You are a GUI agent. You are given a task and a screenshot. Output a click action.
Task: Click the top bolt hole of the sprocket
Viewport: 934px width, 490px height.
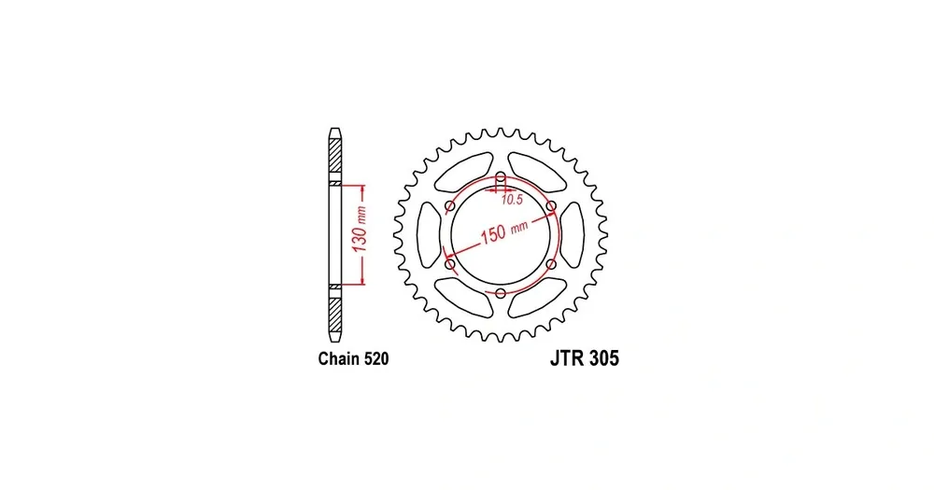pos(501,176)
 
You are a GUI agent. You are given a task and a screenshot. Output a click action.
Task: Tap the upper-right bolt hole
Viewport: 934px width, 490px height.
pos(551,206)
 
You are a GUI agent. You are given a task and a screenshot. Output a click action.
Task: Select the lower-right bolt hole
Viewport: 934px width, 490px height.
pos(551,264)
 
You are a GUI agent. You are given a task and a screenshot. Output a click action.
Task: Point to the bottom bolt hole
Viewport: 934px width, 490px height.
pos(501,293)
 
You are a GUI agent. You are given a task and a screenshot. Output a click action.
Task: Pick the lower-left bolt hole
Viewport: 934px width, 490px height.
pos(450,264)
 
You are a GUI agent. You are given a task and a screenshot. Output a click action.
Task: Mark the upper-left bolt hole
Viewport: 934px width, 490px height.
pos(450,206)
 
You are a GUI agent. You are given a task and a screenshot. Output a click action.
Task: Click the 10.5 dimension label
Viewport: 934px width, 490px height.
pos(512,200)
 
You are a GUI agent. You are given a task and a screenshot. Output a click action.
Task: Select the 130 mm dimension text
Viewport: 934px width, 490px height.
pos(360,230)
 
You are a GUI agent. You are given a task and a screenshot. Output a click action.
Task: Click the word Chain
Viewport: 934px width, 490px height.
pos(338,358)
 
